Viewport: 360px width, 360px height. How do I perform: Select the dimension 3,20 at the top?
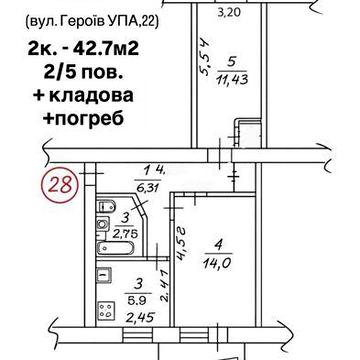(x=232, y=13)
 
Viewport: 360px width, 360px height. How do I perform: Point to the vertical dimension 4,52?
(x=181, y=242)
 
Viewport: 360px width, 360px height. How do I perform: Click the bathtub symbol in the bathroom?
(x=106, y=245)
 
